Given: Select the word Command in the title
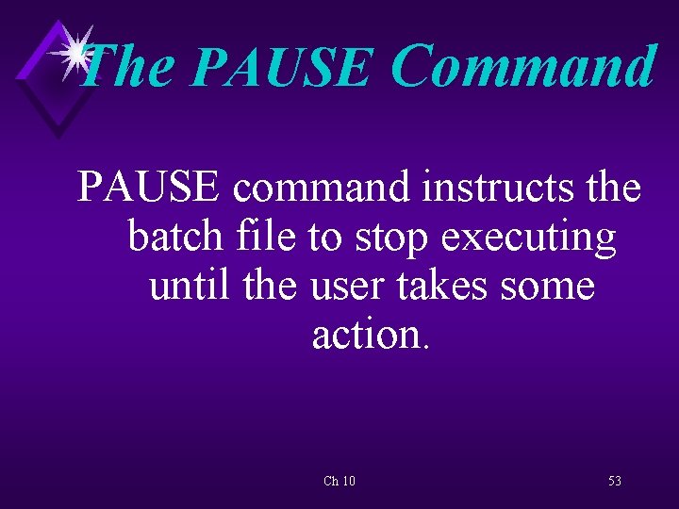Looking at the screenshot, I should coord(523,68).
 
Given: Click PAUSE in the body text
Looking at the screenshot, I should coord(150,187).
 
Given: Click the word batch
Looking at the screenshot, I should coord(170,237).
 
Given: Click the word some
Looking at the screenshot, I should coord(553,287).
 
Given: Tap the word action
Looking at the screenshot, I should coord(366,334).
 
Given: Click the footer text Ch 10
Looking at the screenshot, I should coord(339,482).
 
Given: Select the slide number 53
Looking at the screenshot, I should coord(615,482).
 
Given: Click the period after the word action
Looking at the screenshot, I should coord(426,346).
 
